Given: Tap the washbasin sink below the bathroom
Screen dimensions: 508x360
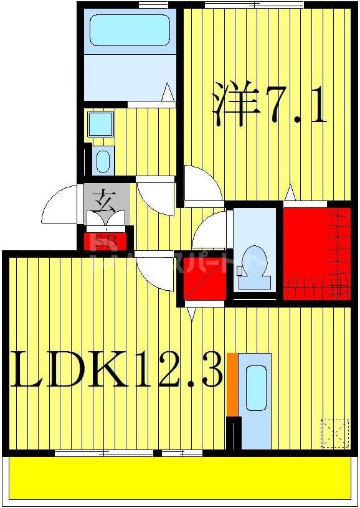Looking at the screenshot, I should point(101,160).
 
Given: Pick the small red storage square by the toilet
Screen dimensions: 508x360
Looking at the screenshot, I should point(204,280).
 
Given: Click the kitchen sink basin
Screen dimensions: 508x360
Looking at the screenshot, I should point(256,387).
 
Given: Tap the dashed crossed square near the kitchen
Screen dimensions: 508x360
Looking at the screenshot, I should point(334,433).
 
